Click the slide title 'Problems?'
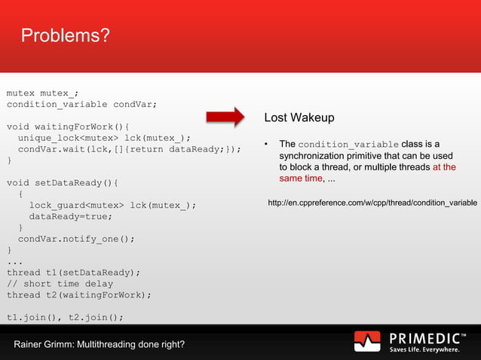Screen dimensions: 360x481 (x=65, y=35)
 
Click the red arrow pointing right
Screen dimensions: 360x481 (x=225, y=117)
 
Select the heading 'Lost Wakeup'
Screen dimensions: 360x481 (x=299, y=118)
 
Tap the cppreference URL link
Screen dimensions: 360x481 (x=372, y=203)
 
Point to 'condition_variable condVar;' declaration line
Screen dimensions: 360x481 (x=82, y=104)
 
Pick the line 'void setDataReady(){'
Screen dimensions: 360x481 (x=63, y=183)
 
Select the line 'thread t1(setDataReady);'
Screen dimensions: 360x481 (x=74, y=273)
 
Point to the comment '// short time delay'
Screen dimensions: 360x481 (x=60, y=284)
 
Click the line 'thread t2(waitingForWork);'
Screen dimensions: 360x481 (x=79, y=294)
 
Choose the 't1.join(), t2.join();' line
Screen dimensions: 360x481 (x=65, y=317)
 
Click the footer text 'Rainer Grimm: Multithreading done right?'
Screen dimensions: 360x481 (x=99, y=345)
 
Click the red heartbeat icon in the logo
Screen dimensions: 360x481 (x=367, y=341)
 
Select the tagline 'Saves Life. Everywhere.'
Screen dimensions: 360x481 (x=424, y=349)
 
